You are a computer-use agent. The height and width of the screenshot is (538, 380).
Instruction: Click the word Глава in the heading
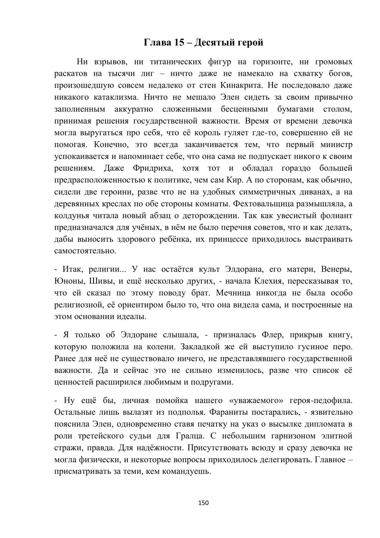[158, 43]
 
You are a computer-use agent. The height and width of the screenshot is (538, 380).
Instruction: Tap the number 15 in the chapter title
[179, 43]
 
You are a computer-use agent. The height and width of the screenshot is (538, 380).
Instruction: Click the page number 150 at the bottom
[203, 503]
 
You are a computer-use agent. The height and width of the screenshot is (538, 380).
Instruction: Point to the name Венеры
[337, 269]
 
